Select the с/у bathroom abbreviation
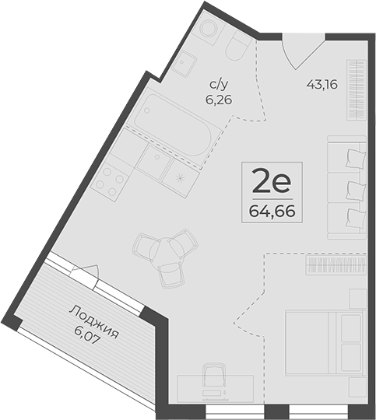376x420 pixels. (x=220, y=86)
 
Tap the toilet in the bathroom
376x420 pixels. (x=237, y=47)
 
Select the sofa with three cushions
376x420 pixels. (x=346, y=187)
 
